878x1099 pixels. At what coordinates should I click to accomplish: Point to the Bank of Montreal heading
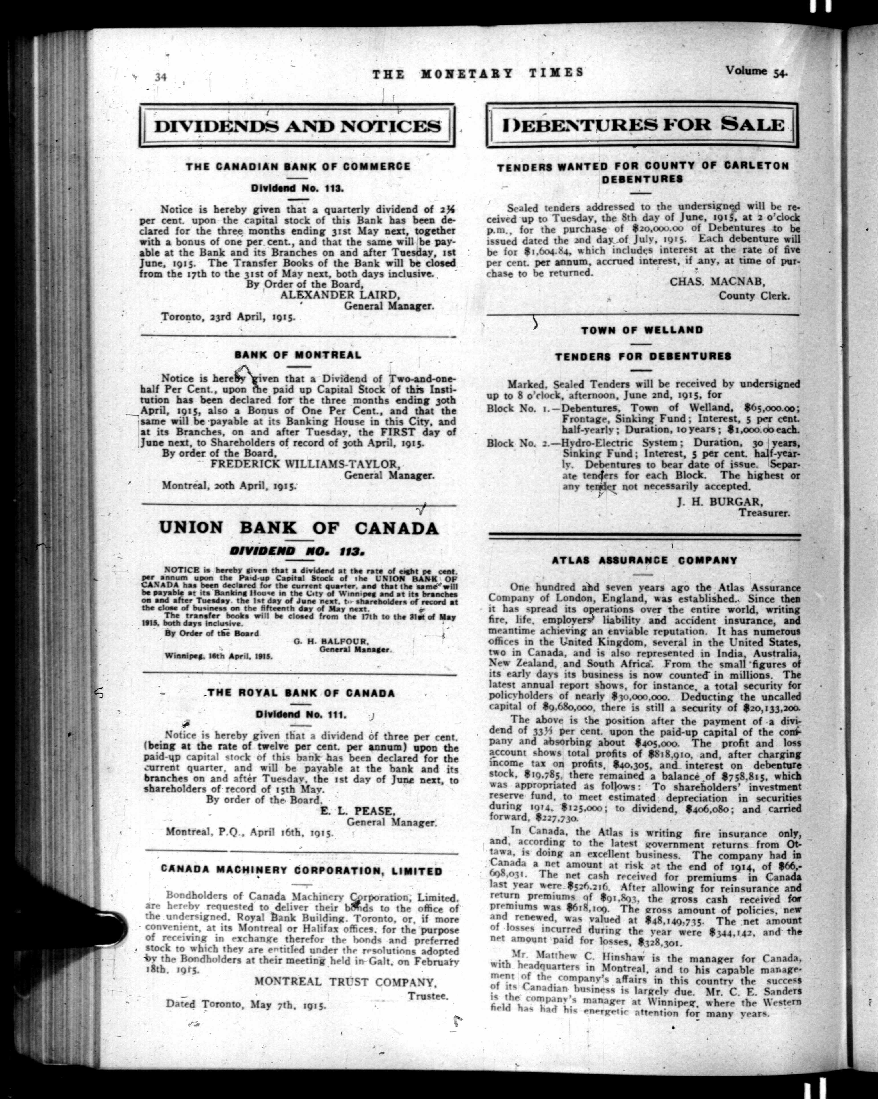tap(298, 355)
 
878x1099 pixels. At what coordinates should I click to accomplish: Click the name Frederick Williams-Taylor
tap(304, 464)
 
